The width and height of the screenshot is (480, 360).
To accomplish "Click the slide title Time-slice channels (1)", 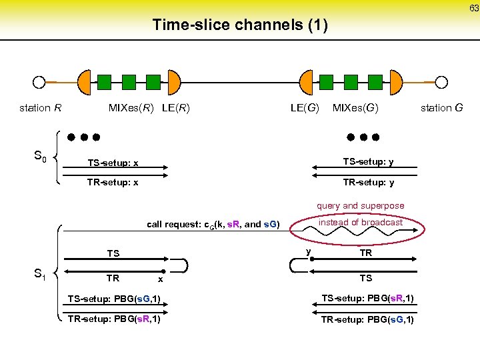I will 240,25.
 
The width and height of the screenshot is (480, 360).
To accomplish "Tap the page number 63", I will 473,8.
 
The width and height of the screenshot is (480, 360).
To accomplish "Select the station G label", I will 441,108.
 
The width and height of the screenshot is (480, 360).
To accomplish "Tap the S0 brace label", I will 40,157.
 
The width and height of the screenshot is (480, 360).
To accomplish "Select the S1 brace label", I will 40,273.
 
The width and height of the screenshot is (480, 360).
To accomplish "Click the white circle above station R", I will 39,83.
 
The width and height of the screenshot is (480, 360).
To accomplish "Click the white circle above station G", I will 441,83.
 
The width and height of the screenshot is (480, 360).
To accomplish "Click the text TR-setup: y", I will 368,183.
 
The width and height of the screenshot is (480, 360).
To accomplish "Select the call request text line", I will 213,224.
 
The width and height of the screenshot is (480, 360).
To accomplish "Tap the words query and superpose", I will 360,206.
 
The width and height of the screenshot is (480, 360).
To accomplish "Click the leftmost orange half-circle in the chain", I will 85,82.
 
